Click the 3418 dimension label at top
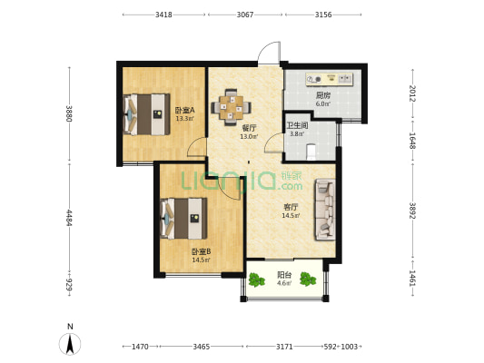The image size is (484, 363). [163, 15]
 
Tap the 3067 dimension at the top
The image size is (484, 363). [245, 15]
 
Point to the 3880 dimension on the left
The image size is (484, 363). [69, 113]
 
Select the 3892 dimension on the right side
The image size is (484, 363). [412, 211]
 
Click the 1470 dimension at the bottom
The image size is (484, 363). [140, 347]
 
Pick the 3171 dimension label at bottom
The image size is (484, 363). [284, 347]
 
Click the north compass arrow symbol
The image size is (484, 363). [70, 344]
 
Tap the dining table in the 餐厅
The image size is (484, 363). [231, 107]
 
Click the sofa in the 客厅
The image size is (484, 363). [325, 210]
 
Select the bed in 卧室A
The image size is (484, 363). [146, 114]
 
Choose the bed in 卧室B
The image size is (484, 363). [183, 219]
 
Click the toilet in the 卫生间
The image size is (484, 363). [311, 152]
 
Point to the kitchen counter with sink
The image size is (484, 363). [329, 79]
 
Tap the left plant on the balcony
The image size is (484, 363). [256, 280]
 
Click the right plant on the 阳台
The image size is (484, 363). [308, 279]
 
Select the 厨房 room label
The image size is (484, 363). [323, 95]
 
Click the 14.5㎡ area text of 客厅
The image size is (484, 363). [291, 215]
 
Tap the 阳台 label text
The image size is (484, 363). [284, 274]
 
